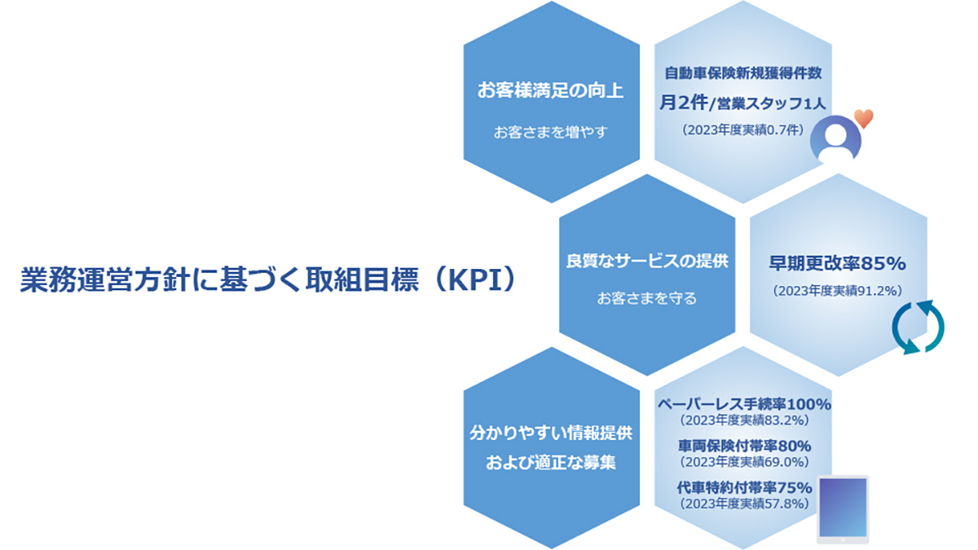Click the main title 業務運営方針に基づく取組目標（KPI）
click(268, 279)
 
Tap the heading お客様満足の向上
click(551, 90)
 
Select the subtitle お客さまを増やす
click(551, 132)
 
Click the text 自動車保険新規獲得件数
click(743, 73)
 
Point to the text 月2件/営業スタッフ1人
click(742, 103)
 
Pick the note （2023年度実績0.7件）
click(742, 130)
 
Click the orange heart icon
click(864, 118)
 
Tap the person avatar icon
click(835, 139)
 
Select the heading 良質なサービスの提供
click(647, 261)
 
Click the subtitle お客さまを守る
click(647, 298)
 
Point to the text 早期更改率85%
click(838, 263)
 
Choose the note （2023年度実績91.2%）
click(838, 291)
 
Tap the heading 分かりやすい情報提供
click(551, 433)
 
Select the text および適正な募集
click(551, 462)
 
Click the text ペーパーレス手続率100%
click(744, 404)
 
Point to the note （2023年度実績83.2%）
click(744, 420)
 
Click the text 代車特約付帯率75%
click(744, 487)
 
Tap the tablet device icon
click(843, 509)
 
